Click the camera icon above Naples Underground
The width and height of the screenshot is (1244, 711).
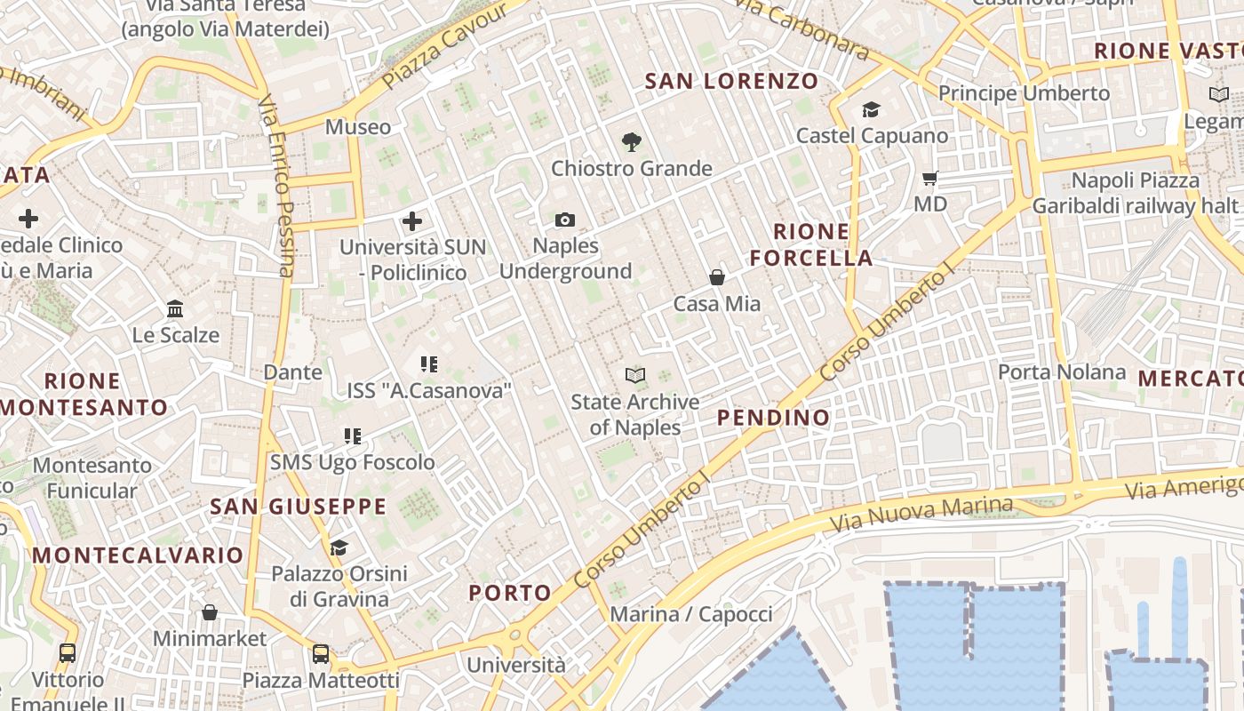(564, 220)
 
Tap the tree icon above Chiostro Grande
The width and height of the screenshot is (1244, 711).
(632, 141)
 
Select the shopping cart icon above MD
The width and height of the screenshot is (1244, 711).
(930, 178)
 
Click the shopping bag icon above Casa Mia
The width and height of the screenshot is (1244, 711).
(717, 277)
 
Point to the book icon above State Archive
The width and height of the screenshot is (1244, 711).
(634, 375)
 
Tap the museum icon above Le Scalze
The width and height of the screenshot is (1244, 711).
(175, 309)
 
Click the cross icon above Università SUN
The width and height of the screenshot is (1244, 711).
(412, 221)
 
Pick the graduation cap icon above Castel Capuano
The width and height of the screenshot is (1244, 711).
(871, 109)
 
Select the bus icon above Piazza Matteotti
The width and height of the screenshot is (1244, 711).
(321, 654)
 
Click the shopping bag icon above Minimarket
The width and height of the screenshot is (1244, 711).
(210, 612)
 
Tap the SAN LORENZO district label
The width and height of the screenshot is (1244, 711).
(731, 82)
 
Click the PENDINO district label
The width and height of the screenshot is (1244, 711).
(773, 418)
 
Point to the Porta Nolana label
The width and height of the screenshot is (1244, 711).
(1062, 371)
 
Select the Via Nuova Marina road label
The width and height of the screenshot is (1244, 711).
(921, 515)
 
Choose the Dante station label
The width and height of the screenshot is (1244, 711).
(292, 372)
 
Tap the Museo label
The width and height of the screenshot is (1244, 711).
(358, 127)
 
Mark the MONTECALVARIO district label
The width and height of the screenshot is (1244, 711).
(138, 555)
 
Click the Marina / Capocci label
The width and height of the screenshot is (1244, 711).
(691, 614)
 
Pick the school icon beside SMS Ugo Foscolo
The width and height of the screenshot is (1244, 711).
(353, 436)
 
